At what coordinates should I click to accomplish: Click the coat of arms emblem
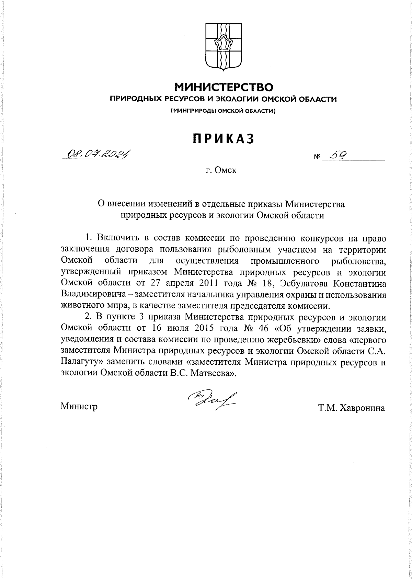coord(223,47)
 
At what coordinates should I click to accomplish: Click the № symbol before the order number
coord(317,158)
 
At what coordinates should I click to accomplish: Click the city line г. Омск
coord(221,170)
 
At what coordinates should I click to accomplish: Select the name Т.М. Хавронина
coord(351,408)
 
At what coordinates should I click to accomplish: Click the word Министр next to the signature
coord(79,407)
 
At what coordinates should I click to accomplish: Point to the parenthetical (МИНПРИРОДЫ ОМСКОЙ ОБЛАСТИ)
coord(223,111)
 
